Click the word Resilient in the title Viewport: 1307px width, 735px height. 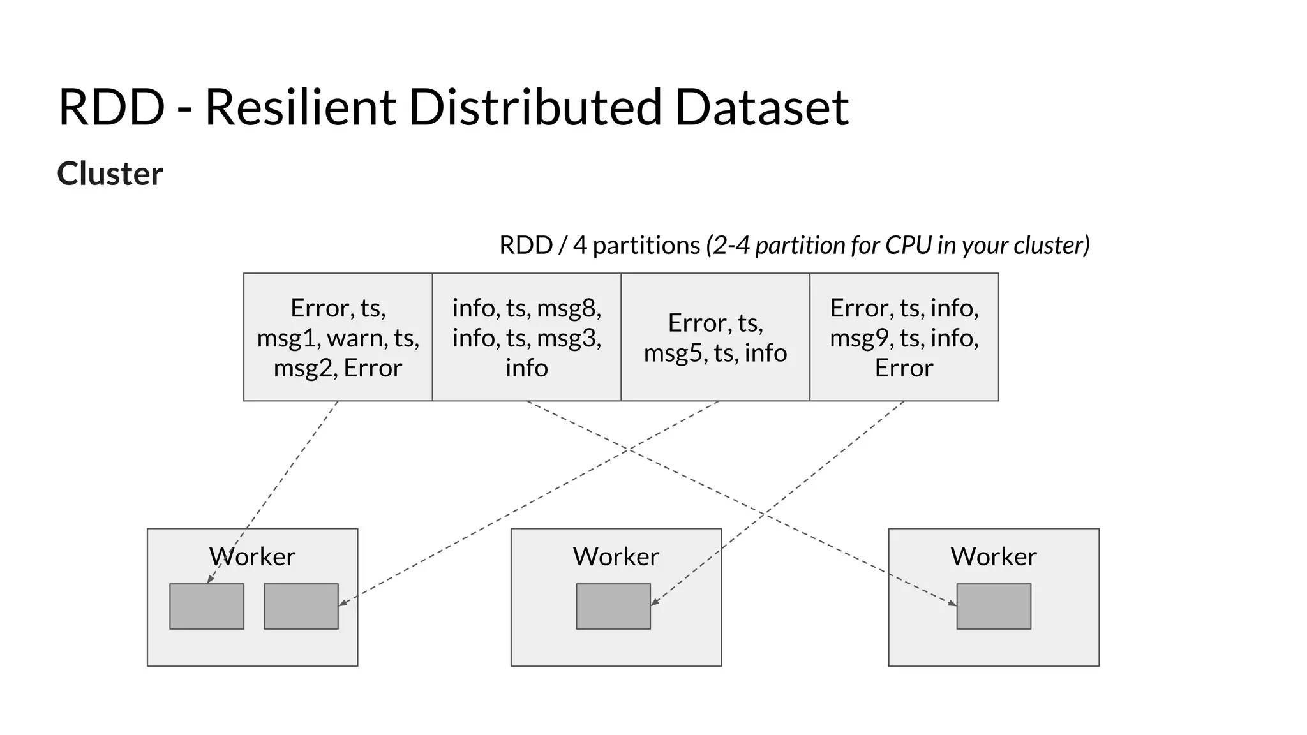coord(300,107)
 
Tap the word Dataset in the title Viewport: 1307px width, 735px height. coord(761,107)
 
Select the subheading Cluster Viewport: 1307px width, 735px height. coord(110,174)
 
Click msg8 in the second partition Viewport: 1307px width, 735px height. coord(568,308)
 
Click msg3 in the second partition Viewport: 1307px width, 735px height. coord(568,338)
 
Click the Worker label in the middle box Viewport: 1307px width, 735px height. coord(616,556)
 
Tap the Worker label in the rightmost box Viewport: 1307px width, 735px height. coord(994,556)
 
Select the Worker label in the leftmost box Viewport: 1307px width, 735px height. coord(253,556)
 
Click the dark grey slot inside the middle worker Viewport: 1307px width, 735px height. coord(613,606)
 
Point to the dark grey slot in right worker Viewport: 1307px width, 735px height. coord(994,606)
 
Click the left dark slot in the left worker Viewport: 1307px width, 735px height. coord(207,606)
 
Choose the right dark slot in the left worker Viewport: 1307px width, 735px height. coord(301,606)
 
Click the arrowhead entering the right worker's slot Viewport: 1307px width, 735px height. coord(953,603)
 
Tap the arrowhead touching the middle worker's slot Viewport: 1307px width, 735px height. coord(655,602)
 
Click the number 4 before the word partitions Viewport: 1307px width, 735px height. coord(579,246)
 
